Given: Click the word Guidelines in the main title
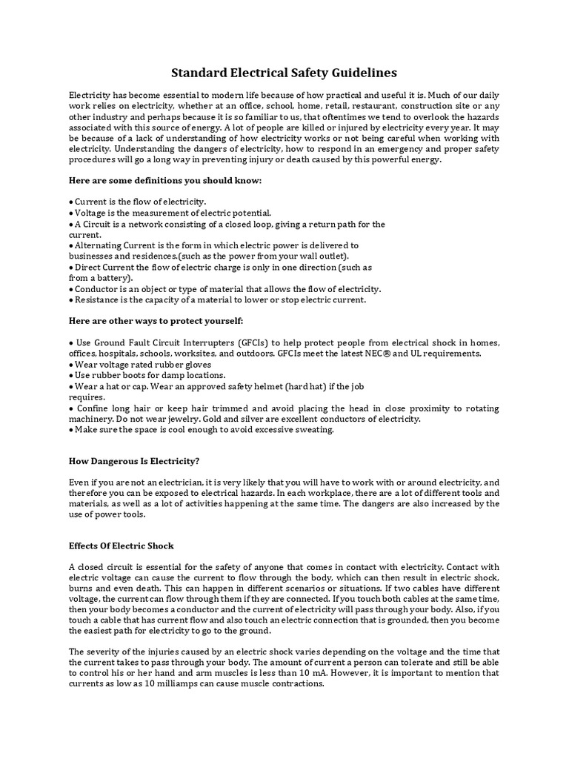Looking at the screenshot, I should coord(364,73).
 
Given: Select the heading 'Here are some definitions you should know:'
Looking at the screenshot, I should coord(165,180).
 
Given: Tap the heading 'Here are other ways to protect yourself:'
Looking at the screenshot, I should coord(156,320).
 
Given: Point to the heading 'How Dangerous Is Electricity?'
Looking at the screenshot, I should coord(134,460).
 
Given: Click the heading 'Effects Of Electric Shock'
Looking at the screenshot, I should coord(121,546).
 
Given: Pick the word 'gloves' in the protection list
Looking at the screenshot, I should coord(197,364).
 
